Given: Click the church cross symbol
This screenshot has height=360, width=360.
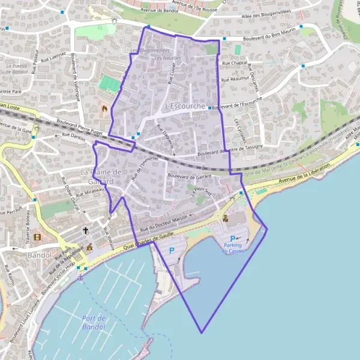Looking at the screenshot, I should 85,229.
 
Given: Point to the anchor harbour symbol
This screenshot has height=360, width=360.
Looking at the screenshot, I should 79,277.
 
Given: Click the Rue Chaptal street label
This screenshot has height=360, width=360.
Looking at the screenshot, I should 234,63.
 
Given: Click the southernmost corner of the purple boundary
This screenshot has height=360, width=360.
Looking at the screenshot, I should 202,332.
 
